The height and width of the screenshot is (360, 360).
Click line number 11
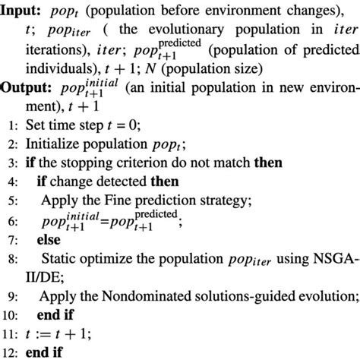coord(10,333)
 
